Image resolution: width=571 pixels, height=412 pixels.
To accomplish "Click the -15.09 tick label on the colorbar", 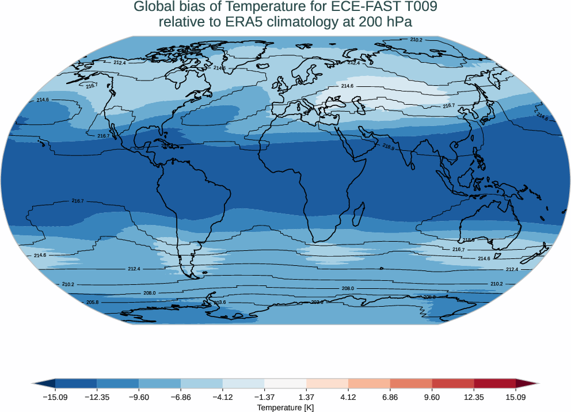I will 55,397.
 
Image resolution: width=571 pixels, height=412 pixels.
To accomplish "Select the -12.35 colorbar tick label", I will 97,397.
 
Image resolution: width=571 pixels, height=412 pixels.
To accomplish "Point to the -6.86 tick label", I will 181,397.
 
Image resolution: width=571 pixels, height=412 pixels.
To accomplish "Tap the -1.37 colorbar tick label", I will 264,397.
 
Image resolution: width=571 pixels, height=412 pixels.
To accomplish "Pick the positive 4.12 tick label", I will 348,397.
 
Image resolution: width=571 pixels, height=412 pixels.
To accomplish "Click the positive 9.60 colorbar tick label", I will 432,397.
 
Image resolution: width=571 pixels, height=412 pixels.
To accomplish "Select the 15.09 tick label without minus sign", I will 516,397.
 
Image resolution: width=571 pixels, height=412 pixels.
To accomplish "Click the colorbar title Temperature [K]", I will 285,407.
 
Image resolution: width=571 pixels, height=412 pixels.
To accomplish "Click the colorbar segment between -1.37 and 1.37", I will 285,383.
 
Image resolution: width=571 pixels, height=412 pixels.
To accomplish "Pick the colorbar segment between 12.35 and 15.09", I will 494,383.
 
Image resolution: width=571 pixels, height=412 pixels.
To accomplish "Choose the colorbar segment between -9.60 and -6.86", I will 159,383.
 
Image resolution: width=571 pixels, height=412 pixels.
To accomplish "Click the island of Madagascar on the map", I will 357,212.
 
